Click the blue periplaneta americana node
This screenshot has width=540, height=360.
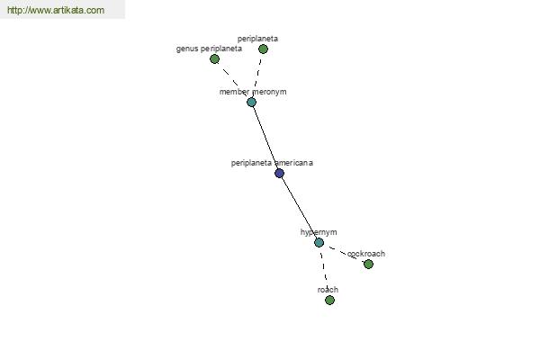[279, 173]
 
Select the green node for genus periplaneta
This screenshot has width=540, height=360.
[214, 58]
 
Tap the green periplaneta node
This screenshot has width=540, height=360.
[263, 49]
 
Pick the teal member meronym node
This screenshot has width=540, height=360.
[251, 102]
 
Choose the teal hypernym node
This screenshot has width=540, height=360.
[319, 242]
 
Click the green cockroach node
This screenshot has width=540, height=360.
[368, 265]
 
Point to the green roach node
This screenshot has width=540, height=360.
[329, 300]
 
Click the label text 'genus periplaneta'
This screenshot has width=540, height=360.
[209, 49]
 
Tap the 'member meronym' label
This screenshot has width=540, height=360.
[253, 92]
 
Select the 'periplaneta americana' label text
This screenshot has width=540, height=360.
[272, 163]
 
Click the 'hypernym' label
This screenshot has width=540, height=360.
[319, 232]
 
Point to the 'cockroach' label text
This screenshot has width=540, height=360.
[366, 254]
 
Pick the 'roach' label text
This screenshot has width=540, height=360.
[328, 290]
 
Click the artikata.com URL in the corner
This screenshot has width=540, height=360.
[56, 10]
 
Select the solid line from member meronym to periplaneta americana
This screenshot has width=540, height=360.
[265, 138]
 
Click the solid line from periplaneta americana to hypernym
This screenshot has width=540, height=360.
[300, 208]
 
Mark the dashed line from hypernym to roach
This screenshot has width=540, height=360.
[324, 271]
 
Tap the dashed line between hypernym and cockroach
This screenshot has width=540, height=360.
[344, 253]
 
